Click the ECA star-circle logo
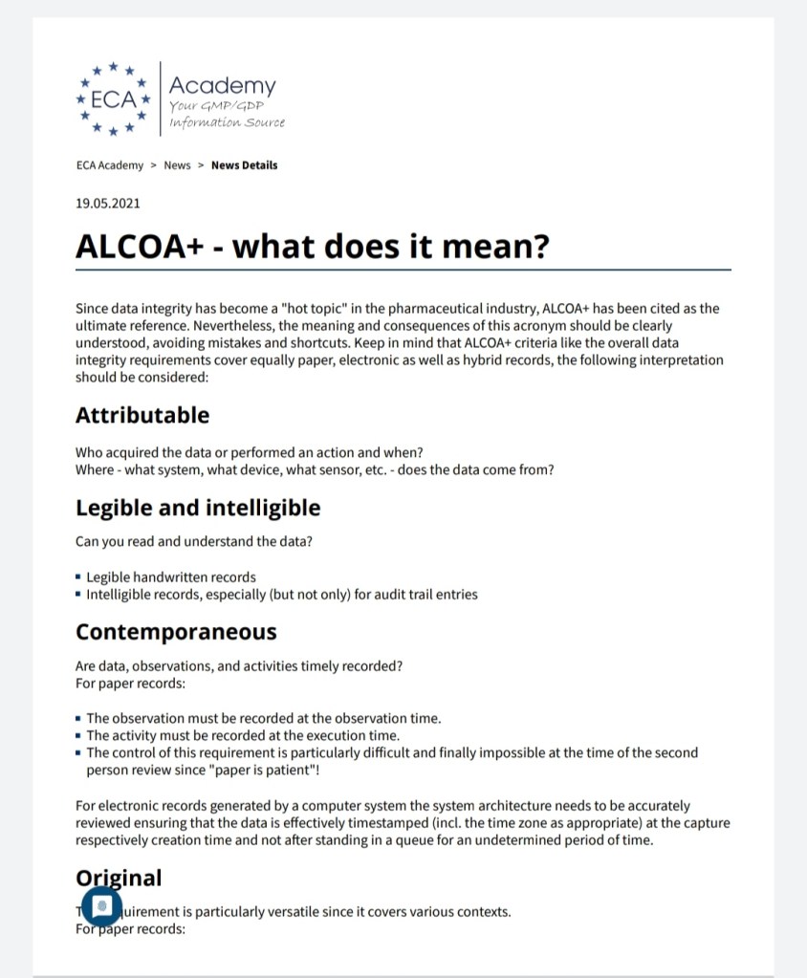(x=114, y=98)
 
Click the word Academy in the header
(x=222, y=86)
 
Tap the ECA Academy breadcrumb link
(x=109, y=165)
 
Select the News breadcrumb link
(x=177, y=165)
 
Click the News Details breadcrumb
(x=244, y=165)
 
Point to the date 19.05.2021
(x=107, y=203)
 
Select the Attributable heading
(x=142, y=415)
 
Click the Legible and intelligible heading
(x=198, y=508)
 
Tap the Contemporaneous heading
(x=176, y=632)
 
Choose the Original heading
(x=119, y=878)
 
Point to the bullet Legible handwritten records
(x=171, y=577)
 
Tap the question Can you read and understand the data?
(x=194, y=542)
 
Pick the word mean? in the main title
(x=500, y=247)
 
